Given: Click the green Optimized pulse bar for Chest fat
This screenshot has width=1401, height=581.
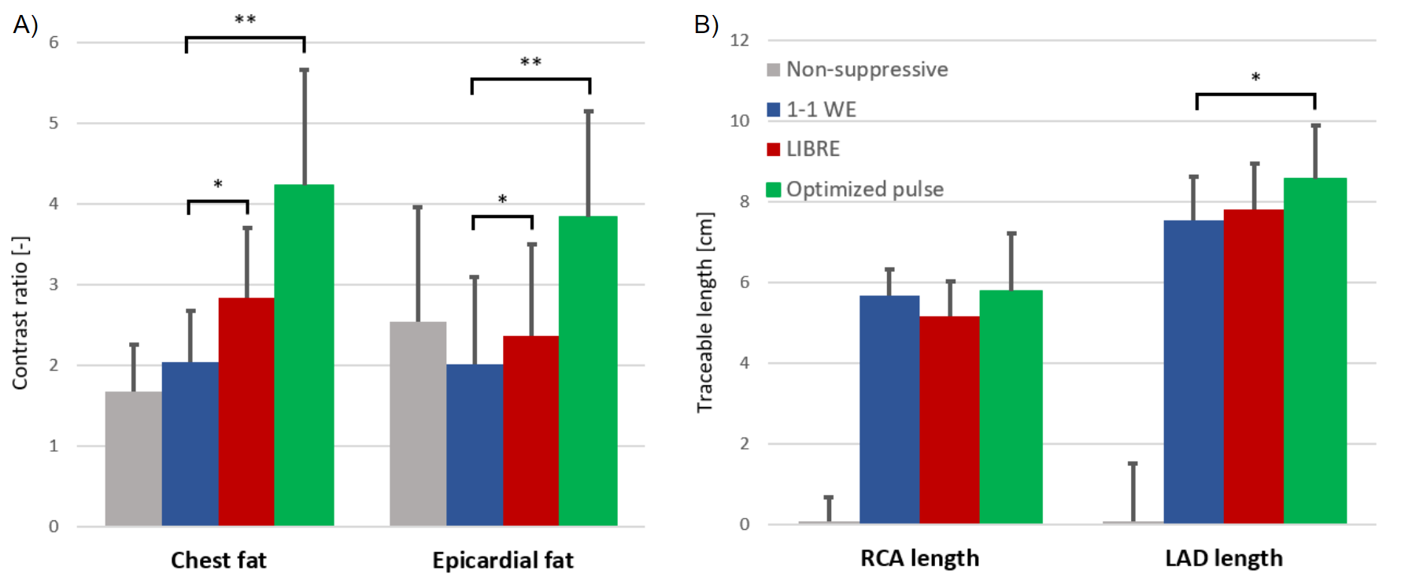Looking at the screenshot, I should [x=304, y=354].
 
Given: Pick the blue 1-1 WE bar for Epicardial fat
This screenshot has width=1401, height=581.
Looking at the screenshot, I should [x=475, y=444].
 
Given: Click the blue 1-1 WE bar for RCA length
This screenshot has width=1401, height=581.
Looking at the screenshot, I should [x=889, y=409].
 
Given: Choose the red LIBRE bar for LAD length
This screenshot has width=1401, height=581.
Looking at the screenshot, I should [x=1254, y=366].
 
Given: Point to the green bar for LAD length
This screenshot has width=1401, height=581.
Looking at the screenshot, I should [x=1315, y=350].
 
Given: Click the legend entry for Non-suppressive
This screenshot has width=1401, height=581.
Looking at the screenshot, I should [x=858, y=69].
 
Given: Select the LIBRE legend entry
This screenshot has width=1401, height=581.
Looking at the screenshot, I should [x=804, y=149].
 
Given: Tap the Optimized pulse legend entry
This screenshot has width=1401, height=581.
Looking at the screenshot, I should [x=856, y=189].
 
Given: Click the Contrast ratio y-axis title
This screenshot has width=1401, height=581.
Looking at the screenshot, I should [x=20, y=313].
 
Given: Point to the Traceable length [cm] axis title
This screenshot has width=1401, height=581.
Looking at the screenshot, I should [x=704, y=313].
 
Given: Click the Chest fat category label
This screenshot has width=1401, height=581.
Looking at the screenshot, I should [x=219, y=560].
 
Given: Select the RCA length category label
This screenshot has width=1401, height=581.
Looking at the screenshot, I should [x=919, y=558].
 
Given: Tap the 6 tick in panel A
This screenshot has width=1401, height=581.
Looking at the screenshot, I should [x=54, y=43].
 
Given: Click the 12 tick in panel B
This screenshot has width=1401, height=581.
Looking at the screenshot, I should [x=740, y=40].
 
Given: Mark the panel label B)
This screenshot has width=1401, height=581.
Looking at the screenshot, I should [x=706, y=24].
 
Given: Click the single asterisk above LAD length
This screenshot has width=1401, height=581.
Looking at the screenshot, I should [x=1256, y=78].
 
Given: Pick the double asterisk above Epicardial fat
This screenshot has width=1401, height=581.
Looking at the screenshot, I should [x=530, y=62].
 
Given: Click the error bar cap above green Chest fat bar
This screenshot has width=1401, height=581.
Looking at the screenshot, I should [x=304, y=69].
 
